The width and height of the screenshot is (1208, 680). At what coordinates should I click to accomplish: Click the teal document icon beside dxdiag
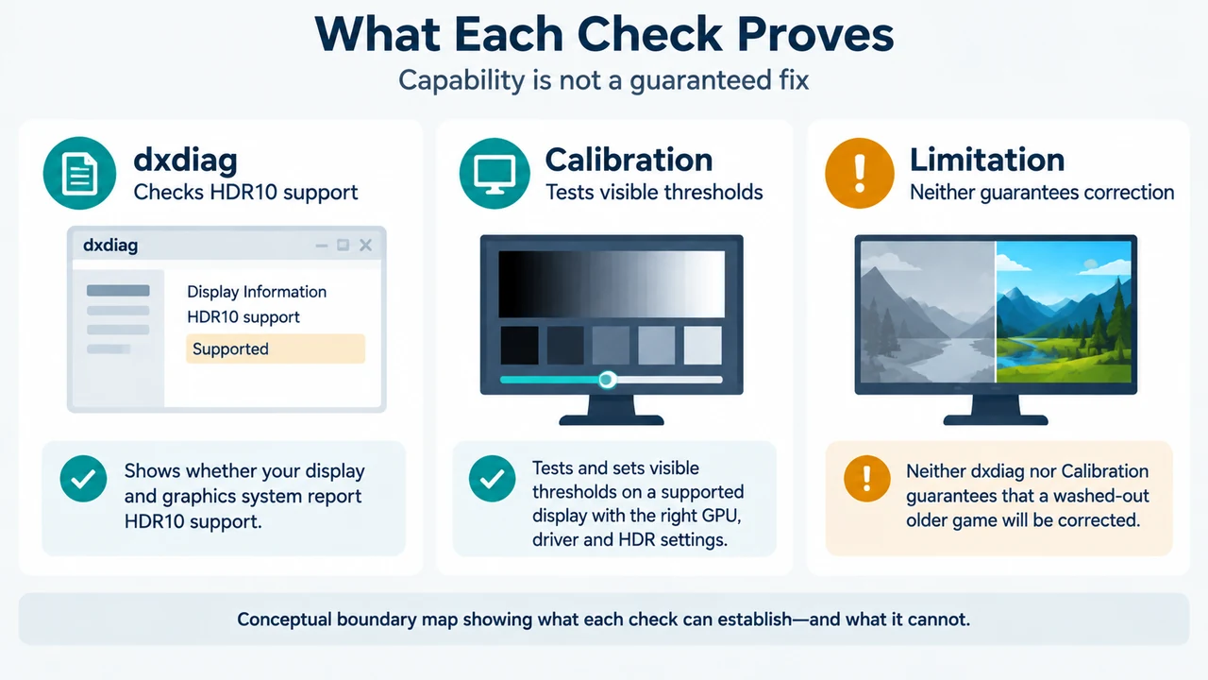tap(79, 173)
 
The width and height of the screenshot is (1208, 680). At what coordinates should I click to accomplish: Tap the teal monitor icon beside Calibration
tap(495, 173)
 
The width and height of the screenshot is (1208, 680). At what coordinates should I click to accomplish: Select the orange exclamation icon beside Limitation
tap(860, 173)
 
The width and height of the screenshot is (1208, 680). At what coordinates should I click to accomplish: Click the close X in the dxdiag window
tap(365, 245)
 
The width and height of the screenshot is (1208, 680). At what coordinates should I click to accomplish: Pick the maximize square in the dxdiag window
tap(343, 245)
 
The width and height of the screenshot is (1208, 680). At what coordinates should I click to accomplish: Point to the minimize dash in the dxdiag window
tap(322, 246)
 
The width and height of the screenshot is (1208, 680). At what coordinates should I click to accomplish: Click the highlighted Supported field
tap(276, 348)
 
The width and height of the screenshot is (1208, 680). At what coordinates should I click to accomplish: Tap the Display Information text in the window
tap(257, 292)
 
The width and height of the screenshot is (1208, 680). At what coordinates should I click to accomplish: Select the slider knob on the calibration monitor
tap(607, 380)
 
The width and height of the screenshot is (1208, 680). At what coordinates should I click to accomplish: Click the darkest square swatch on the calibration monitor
tap(519, 345)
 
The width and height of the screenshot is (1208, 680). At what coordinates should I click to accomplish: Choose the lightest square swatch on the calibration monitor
tap(703, 345)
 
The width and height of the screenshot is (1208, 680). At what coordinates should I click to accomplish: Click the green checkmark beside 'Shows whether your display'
tap(83, 479)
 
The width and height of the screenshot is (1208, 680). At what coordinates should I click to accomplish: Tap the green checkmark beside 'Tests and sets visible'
tap(492, 479)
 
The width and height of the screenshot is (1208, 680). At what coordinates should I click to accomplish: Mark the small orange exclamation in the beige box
tap(866, 479)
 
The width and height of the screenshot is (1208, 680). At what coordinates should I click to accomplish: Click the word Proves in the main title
tap(815, 35)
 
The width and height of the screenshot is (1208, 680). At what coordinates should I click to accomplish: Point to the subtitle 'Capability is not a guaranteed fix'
tap(603, 80)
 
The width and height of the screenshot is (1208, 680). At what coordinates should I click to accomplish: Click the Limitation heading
tap(987, 160)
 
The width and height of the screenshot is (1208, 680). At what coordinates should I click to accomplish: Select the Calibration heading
tap(629, 160)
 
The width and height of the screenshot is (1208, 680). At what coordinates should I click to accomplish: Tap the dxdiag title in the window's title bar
tap(110, 246)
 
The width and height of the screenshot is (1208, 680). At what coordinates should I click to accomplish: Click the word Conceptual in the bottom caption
tap(284, 620)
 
